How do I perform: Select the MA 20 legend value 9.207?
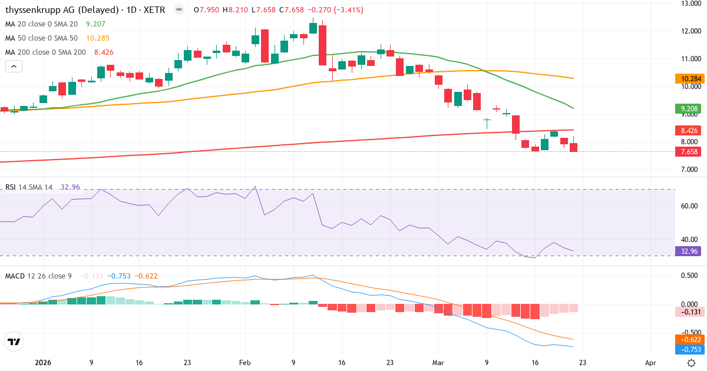95,24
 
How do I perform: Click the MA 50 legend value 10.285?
98,38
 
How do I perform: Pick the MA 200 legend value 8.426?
104,52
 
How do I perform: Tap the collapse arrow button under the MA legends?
14,67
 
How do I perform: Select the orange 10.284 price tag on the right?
688,78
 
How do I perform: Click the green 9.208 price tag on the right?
688,109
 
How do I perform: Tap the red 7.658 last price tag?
688,151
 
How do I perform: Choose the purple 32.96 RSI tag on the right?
688,251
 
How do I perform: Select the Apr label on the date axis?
650,363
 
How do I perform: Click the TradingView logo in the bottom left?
14,342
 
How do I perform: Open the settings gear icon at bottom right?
692,363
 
